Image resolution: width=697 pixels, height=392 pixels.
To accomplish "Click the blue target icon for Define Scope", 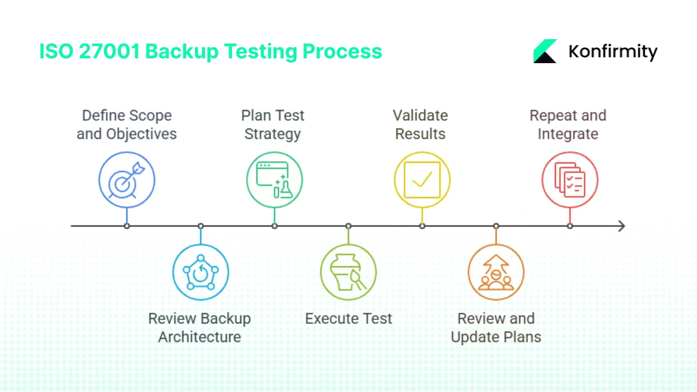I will point(127,180).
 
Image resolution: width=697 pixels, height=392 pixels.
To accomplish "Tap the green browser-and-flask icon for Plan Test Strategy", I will point(274,180).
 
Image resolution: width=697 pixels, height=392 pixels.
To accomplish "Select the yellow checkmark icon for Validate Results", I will point(422,180).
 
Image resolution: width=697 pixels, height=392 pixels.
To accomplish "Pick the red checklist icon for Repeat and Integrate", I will point(570,180).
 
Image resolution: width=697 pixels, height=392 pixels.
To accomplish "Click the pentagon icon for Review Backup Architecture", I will point(200,272).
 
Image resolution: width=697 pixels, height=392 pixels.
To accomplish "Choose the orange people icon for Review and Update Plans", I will point(496,272).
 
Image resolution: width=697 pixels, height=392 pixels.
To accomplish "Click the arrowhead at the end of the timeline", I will point(621,226).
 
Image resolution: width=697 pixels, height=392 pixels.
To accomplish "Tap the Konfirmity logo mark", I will point(545,51).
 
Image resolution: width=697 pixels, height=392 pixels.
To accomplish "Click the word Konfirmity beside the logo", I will point(613,52).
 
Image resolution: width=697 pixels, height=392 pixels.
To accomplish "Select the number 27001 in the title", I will point(109,51).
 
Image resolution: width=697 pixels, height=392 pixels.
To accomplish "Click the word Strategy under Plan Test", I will point(273,134).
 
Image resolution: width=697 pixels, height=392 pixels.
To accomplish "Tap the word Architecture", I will point(200,337).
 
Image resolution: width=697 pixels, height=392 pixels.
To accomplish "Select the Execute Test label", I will point(348,318).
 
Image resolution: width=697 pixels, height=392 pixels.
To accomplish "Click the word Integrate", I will point(568,134).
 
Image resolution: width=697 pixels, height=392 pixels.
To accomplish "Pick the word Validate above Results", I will point(420,115).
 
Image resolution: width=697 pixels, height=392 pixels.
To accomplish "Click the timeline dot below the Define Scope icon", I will point(127,226).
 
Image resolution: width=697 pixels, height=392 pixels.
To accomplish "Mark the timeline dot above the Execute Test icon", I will point(348,226).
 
